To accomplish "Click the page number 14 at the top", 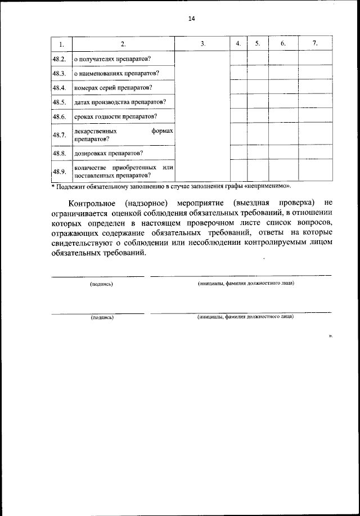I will (191, 18).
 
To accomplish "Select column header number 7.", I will (315, 43).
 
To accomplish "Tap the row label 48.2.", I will (60, 59).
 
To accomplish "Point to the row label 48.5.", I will (60, 102).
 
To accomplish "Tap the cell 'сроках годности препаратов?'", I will (115, 117).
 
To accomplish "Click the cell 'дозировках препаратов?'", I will (108, 153).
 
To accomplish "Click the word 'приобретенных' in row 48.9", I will (132, 168).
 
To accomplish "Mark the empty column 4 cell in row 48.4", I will (238, 87).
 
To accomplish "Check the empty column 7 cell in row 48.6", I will (315, 116).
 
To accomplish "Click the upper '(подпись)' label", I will (101, 284).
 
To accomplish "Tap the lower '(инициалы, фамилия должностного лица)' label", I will (246, 316).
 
